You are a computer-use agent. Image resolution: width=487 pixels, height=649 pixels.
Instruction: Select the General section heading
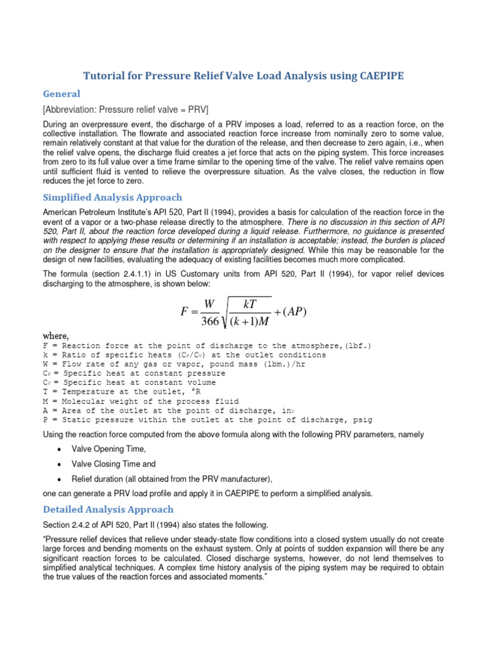coord(62,93)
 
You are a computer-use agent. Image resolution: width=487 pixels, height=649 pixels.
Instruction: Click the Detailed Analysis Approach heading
coord(108,509)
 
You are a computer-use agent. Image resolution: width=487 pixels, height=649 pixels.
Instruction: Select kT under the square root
coord(252,304)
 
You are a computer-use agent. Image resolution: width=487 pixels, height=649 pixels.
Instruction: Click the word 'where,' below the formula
coord(56,335)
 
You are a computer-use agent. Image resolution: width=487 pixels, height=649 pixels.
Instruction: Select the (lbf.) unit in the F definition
coord(357,345)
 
